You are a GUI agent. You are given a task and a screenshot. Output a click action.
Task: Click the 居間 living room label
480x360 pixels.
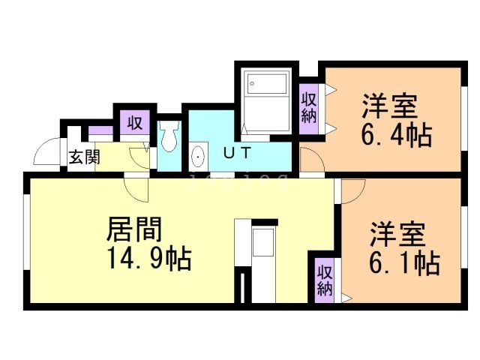[x=136, y=226]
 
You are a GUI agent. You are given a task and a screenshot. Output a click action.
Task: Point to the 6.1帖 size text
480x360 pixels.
[x=403, y=263]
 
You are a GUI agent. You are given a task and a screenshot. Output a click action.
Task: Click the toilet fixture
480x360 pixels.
[x=169, y=138]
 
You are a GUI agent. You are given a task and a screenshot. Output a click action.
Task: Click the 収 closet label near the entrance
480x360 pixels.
[x=134, y=123]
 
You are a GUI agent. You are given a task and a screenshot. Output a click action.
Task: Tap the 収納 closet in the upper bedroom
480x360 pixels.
[x=309, y=106]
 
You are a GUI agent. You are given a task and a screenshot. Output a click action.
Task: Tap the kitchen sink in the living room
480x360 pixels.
[x=263, y=243]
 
